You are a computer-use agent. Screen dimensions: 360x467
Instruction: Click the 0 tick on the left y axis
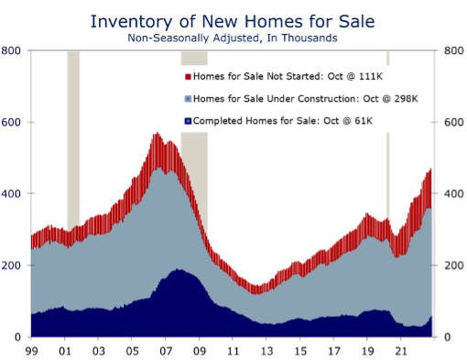[x=18, y=337]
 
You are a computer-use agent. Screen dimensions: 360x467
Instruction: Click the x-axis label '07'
[x=167, y=351]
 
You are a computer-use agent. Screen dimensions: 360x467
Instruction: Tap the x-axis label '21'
[x=401, y=351]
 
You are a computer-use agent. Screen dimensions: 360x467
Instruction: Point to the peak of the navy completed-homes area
[x=176, y=271]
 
